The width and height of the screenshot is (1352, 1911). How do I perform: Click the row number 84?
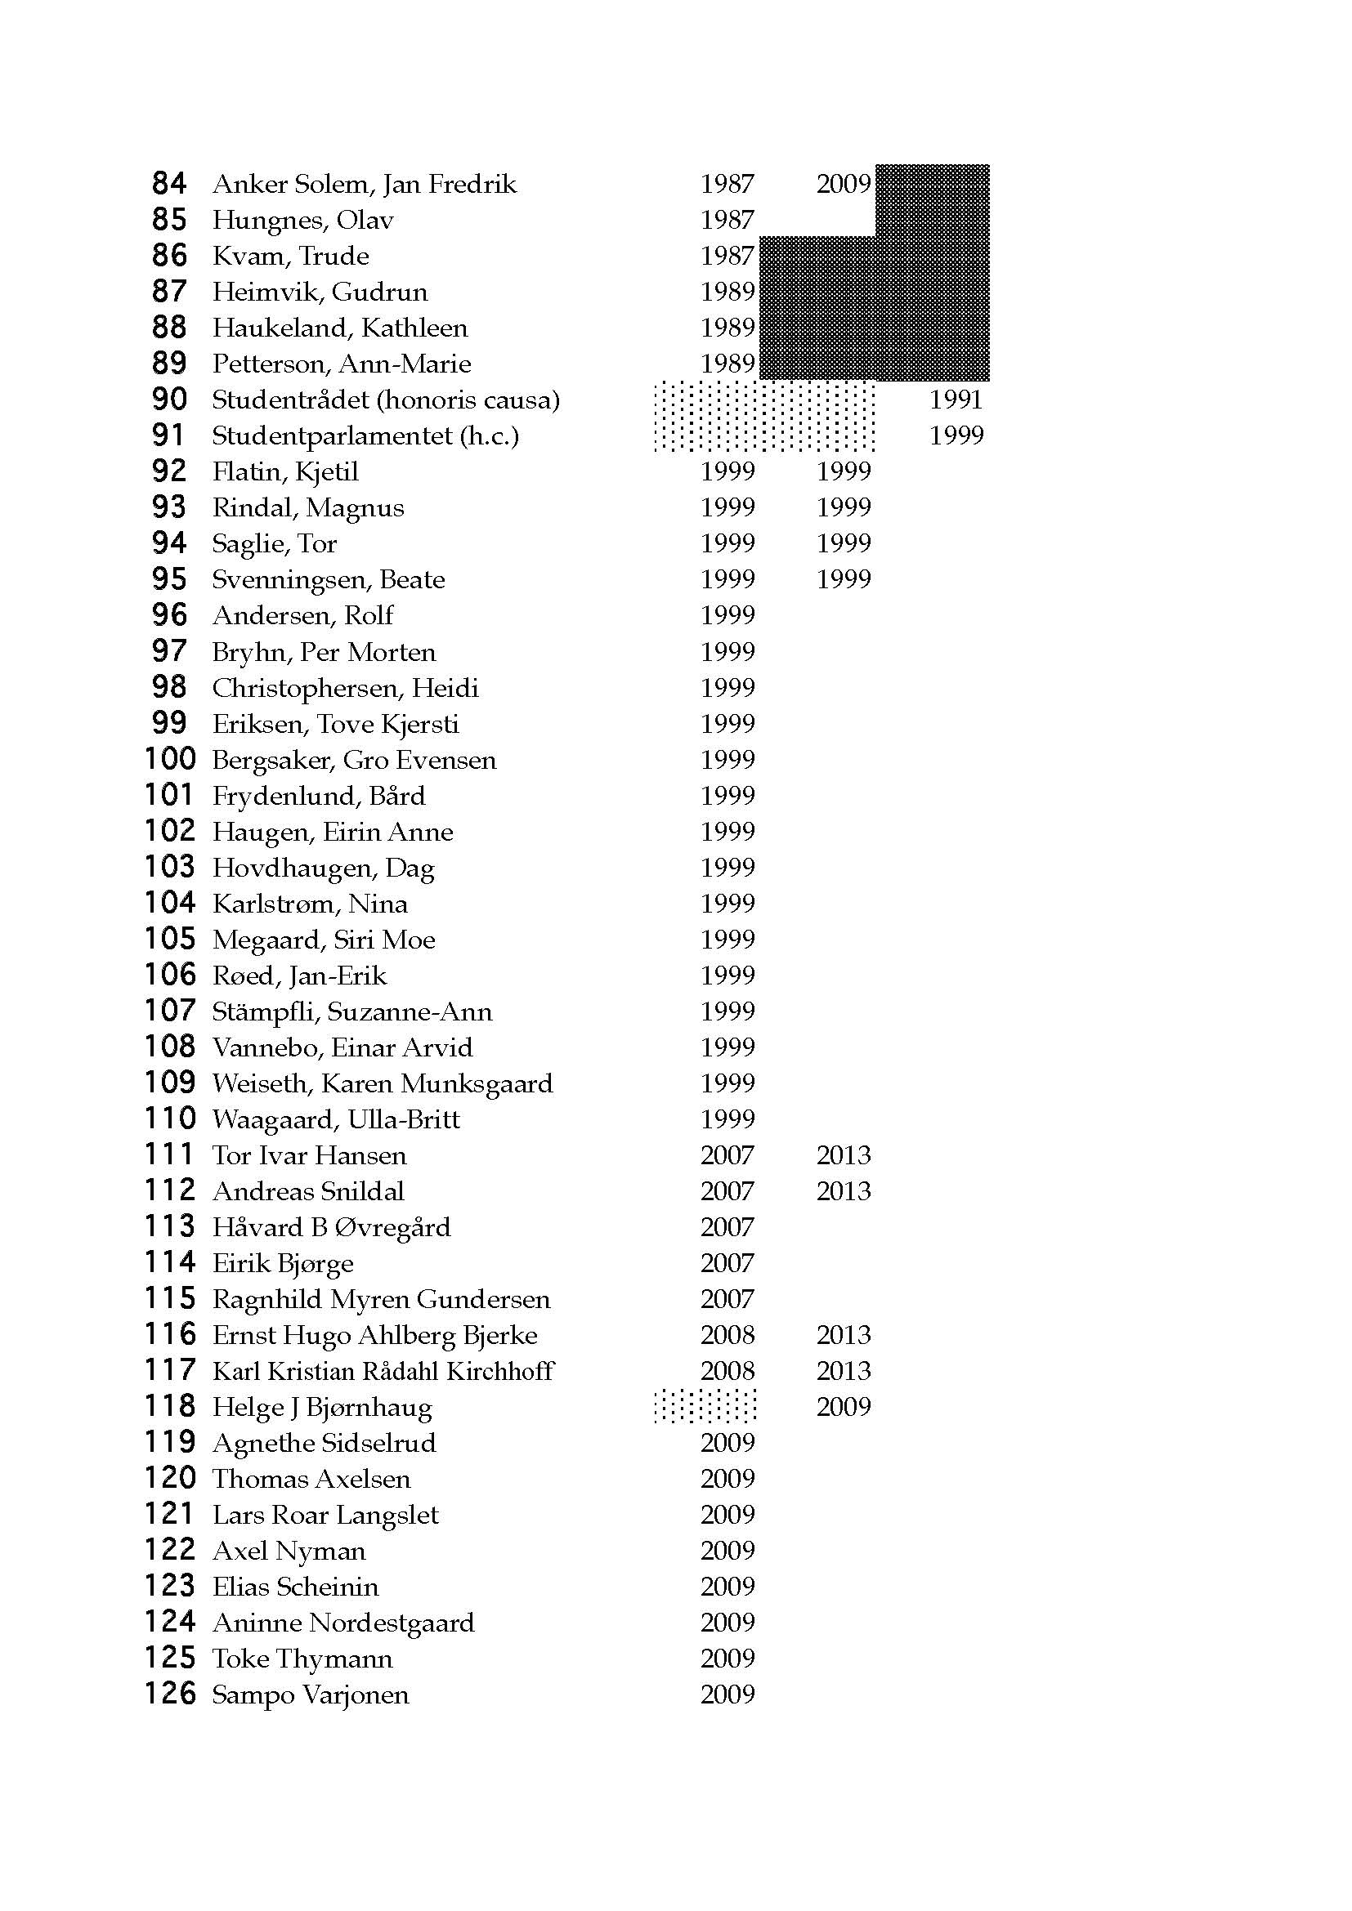169,183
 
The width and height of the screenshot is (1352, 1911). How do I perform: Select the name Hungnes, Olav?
302,220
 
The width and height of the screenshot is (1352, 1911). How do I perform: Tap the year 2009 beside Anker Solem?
843,184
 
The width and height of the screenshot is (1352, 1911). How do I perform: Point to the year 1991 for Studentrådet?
956,400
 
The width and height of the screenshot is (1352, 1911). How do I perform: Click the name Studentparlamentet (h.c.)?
365,435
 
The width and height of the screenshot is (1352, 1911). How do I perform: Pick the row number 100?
170,759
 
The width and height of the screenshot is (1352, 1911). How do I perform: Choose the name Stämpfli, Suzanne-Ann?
351,1011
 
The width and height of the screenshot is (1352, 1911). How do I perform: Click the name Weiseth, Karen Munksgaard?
382,1083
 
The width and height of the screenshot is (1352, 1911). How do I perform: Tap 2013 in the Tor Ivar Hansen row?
843,1155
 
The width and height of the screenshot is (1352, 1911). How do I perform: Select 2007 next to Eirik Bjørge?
727,1262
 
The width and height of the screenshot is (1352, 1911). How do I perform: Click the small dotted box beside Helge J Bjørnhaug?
705,1406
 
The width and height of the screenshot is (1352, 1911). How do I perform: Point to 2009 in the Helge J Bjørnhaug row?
843,1407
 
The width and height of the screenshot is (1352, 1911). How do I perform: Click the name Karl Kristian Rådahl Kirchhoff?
383,1371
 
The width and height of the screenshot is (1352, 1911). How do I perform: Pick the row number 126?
170,1694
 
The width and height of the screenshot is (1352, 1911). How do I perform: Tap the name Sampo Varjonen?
311,1694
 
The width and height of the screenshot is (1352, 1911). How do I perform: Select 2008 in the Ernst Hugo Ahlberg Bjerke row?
727,1335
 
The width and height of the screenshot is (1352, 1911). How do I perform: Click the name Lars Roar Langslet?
325,1515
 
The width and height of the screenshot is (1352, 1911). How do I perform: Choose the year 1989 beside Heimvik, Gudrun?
727,292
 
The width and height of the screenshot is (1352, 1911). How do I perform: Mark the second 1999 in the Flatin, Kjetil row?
843,471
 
